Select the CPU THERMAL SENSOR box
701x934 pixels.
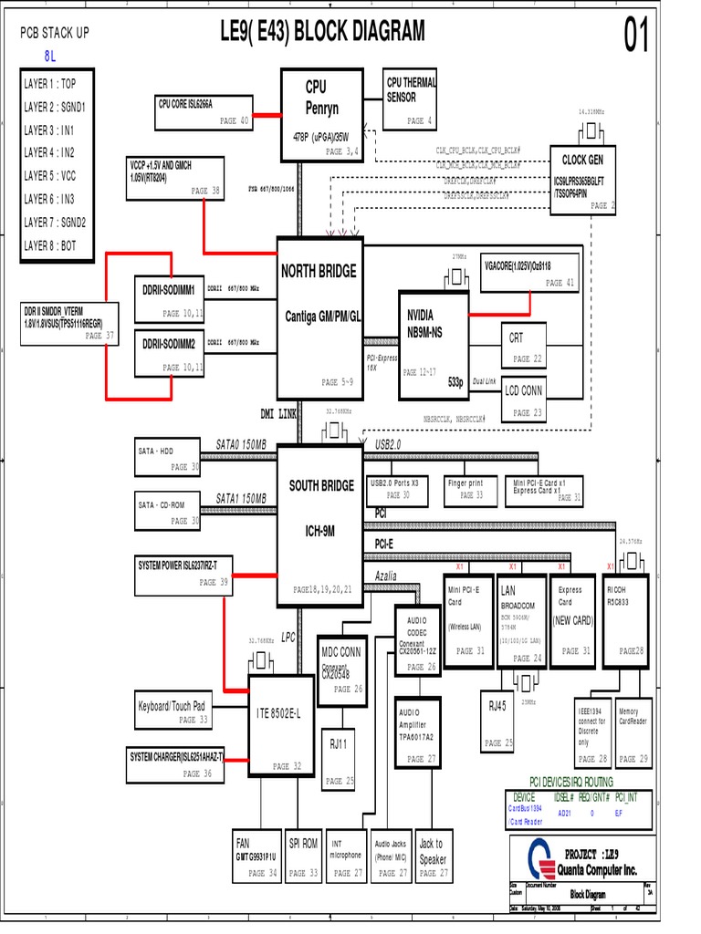point(411,100)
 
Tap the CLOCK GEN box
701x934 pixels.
point(583,180)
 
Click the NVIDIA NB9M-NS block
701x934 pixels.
point(434,345)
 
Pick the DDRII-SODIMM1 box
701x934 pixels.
point(169,296)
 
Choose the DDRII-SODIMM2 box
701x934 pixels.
point(169,353)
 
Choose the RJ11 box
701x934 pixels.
point(340,760)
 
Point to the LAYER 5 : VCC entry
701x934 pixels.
point(56,175)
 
